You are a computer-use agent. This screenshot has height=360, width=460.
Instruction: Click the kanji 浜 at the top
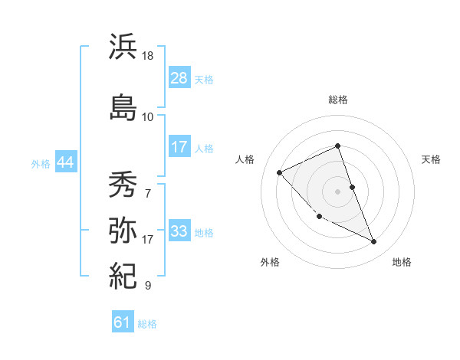click(123, 47)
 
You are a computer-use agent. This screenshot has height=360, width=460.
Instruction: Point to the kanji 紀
click(123, 274)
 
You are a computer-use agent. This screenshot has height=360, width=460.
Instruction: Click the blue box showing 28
click(179, 78)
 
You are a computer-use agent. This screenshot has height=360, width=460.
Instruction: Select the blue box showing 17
click(179, 147)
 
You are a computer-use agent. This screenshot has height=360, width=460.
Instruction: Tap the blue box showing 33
click(179, 231)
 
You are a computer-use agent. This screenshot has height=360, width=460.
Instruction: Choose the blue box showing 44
click(65, 162)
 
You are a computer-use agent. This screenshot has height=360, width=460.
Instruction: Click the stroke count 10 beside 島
click(148, 116)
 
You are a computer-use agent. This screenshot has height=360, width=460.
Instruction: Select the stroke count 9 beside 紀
click(148, 286)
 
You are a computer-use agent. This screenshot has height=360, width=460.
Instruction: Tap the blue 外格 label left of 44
click(41, 163)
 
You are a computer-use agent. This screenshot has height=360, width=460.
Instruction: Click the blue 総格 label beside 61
click(147, 324)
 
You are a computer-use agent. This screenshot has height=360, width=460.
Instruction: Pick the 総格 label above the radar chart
click(337, 100)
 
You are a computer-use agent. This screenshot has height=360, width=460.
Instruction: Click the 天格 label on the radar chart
click(431, 159)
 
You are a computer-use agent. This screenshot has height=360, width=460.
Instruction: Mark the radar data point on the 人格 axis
click(280, 173)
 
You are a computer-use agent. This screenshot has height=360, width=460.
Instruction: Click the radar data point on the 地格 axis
click(374, 242)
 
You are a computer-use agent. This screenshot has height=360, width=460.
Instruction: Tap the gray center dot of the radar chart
click(337, 191)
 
